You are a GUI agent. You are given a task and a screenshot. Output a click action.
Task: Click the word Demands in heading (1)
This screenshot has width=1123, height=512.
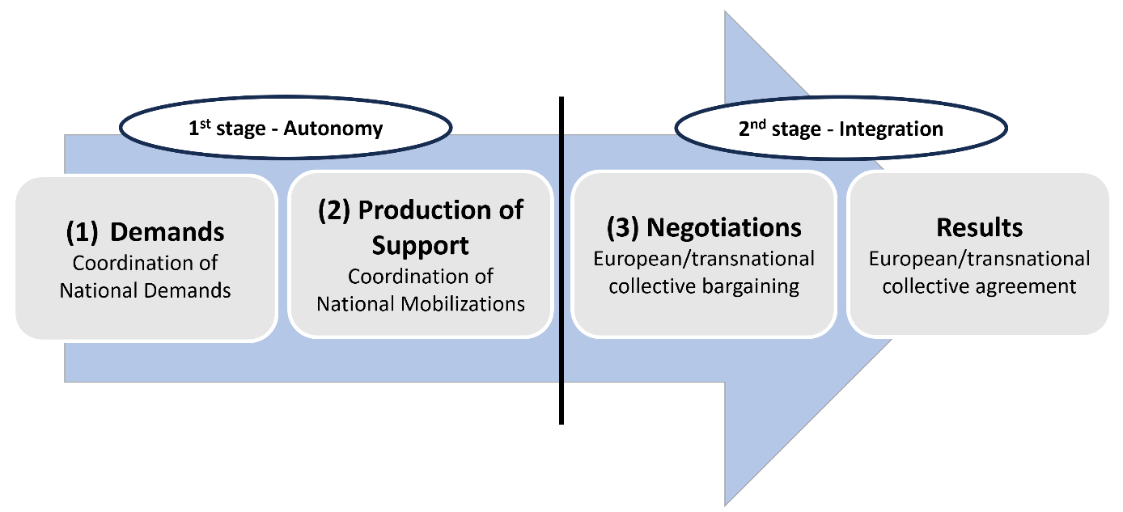pyautogui.click(x=167, y=232)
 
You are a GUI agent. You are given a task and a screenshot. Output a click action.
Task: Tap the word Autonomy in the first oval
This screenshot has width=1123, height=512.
pyautogui.click(x=333, y=129)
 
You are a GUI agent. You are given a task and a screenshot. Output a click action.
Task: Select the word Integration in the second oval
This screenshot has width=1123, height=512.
pyautogui.click(x=891, y=129)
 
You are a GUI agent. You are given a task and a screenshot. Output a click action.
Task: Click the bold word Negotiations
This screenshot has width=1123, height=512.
pyautogui.click(x=724, y=228)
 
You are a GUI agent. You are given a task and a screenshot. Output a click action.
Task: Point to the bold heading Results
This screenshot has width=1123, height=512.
pyautogui.click(x=979, y=227)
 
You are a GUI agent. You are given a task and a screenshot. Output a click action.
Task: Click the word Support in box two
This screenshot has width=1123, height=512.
pyautogui.click(x=420, y=246)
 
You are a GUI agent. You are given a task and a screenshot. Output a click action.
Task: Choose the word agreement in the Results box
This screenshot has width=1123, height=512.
pyautogui.click(x=1023, y=287)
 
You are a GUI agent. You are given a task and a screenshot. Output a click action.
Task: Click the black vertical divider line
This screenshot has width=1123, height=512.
pyautogui.click(x=561, y=260)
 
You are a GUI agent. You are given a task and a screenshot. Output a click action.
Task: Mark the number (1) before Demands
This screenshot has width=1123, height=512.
pyautogui.click(x=83, y=232)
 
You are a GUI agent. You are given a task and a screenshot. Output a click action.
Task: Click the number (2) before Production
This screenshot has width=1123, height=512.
pyautogui.click(x=334, y=210)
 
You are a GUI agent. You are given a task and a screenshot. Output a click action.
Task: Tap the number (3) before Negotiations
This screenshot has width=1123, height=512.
pyautogui.click(x=623, y=228)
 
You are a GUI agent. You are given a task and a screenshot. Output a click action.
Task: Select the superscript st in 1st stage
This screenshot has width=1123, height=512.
pyautogui.click(x=205, y=124)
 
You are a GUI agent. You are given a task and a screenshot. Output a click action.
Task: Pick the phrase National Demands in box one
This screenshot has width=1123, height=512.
pyautogui.click(x=145, y=290)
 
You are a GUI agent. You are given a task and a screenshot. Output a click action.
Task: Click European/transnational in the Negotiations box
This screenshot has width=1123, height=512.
pyautogui.click(x=704, y=259)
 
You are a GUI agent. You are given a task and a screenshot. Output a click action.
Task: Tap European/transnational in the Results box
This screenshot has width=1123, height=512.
pyautogui.click(x=979, y=259)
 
